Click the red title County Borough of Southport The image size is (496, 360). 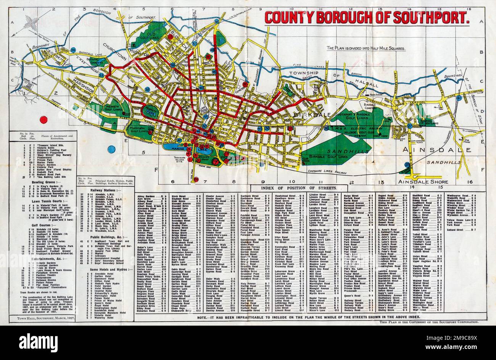tap(366, 17)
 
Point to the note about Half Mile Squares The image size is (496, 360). tap(366, 48)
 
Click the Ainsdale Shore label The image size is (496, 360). tap(428, 182)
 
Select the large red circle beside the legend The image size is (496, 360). tap(43, 119)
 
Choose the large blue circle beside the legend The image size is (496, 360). tap(111, 149)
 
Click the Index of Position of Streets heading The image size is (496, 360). tap(298, 188)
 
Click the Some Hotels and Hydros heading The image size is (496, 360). tap(105, 270)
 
